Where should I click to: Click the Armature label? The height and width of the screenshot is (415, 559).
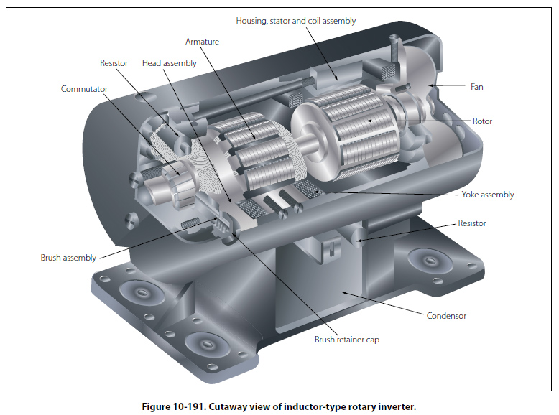(202, 42)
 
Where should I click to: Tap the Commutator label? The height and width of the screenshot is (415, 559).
(84, 89)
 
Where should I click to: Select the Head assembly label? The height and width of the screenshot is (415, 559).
(169, 63)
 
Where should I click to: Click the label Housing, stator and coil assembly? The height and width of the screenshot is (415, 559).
(295, 21)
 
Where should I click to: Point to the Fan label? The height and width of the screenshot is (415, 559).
(477, 87)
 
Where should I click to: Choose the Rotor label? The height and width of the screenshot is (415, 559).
(482, 121)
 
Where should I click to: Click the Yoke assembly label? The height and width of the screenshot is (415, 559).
(488, 195)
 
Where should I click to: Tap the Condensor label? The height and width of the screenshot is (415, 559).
(446, 315)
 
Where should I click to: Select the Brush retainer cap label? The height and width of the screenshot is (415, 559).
(347, 340)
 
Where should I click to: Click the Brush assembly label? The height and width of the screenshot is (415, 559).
(68, 257)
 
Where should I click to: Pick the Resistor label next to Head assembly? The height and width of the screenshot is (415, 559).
(114, 63)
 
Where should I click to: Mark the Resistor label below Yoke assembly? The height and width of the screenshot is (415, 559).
(471, 223)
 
